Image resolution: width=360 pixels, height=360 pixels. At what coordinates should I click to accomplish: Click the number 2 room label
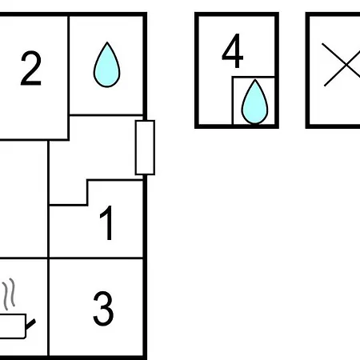pyautogui.click(x=31, y=68)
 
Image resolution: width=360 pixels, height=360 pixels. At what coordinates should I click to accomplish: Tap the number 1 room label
pyautogui.click(x=107, y=223)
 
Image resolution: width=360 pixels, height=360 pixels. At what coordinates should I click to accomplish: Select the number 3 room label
pyautogui.click(x=103, y=308)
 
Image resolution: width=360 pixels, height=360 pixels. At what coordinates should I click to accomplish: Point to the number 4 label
pyautogui.click(x=233, y=50)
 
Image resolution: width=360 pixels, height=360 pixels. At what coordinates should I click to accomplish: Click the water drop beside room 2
pyautogui.click(x=106, y=65)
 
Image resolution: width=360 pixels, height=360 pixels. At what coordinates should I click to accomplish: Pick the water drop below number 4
pyautogui.click(x=254, y=102)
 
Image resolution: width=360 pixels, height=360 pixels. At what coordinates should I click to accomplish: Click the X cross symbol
pyautogui.click(x=342, y=65)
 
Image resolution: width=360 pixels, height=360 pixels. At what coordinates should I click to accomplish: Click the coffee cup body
pyautogui.click(x=13, y=326)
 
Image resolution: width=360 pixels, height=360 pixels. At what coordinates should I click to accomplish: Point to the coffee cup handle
pyautogui.click(x=30, y=324)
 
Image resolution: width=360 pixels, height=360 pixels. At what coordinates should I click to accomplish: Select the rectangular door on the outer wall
pyautogui.click(x=145, y=148)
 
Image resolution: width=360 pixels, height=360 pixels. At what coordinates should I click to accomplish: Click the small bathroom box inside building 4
pyautogui.click(x=254, y=100)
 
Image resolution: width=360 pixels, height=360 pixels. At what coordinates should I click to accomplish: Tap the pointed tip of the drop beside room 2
pyautogui.click(x=107, y=42)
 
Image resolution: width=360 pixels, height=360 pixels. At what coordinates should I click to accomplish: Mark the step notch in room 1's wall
pyautogui.click(x=87, y=193)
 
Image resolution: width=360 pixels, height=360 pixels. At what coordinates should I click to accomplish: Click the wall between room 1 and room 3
pyautogui.click(x=96, y=258)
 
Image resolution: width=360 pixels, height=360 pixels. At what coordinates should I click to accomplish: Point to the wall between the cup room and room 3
pyautogui.click(x=48, y=307)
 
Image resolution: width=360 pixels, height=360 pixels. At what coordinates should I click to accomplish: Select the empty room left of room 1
pyautogui.click(x=23, y=199)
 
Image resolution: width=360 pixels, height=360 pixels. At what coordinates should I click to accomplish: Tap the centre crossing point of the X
pyautogui.click(x=346, y=65)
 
